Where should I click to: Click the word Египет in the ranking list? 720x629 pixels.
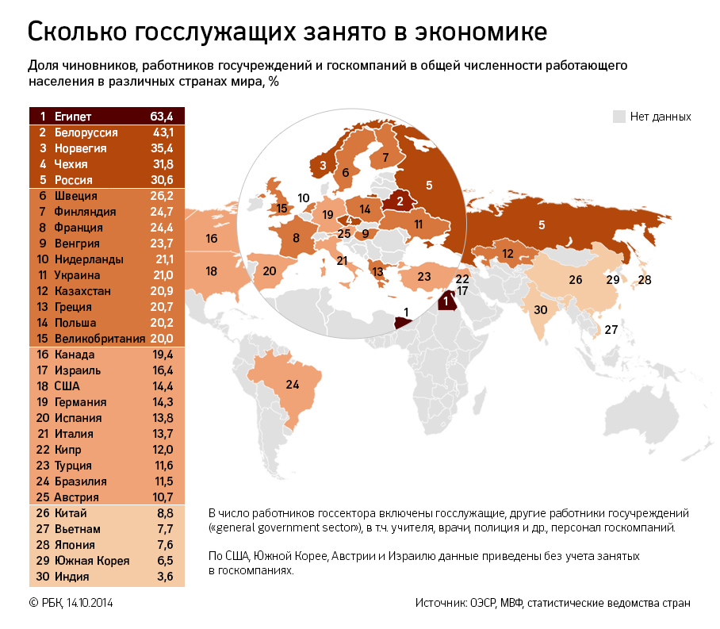point(73,117)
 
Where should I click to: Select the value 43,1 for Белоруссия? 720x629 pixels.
point(162,132)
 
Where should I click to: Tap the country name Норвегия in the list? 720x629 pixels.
point(80,148)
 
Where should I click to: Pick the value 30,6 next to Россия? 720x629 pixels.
point(162,180)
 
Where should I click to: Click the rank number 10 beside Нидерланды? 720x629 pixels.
point(42,259)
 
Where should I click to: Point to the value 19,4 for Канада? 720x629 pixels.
point(162,355)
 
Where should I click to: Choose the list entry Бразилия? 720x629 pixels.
point(80,481)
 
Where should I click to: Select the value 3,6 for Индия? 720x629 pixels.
point(164,577)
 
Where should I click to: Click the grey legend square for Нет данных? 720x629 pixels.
point(619,117)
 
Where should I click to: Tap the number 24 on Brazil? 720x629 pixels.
point(293,385)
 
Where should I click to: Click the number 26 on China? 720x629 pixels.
point(575,279)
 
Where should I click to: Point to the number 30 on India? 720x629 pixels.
point(541,309)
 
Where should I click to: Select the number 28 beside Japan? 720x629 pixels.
point(644,280)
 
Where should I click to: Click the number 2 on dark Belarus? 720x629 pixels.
point(400,201)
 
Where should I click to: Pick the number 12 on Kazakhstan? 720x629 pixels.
point(507,254)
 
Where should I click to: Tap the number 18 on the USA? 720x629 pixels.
point(211,270)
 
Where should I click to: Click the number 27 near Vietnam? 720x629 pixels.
point(611,329)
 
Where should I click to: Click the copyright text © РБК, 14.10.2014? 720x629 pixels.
point(71,603)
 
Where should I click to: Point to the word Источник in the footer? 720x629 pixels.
point(439,603)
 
